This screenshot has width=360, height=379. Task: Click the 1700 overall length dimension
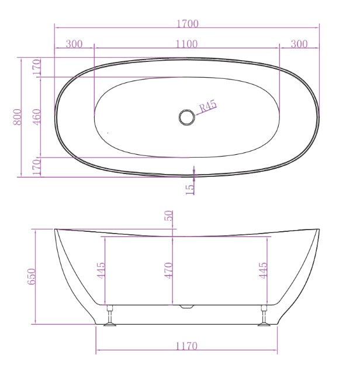(186, 24)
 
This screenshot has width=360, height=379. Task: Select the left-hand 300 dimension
(74, 44)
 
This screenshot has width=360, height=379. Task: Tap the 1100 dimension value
(186, 44)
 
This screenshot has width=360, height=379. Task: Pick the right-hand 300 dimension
(299, 44)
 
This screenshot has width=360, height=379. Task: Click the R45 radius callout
(208, 106)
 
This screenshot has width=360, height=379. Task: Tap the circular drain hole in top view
(187, 117)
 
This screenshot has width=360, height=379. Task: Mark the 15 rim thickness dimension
(191, 188)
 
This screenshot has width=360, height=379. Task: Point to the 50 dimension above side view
(170, 215)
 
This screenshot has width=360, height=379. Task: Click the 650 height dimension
(32, 276)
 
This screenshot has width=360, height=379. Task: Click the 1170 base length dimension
(186, 346)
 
